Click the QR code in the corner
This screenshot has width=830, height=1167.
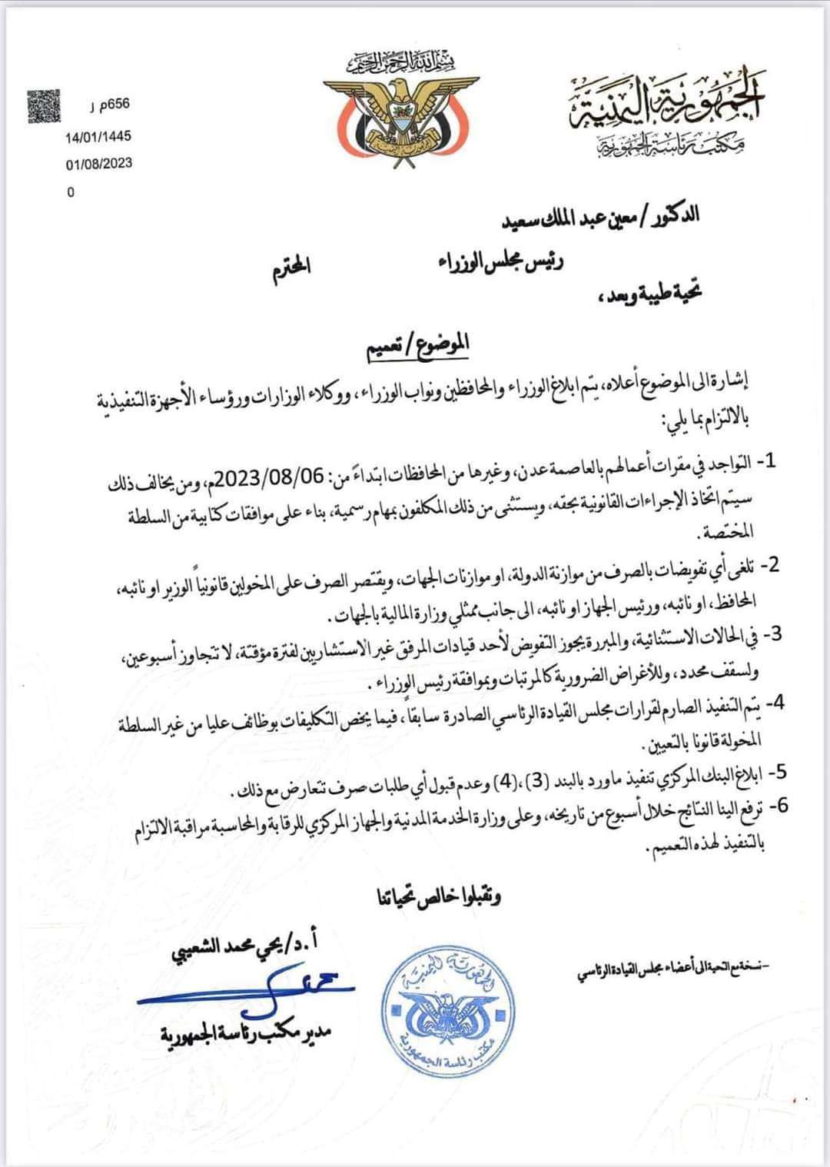(x=43, y=105)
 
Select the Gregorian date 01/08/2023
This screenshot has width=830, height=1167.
(x=98, y=162)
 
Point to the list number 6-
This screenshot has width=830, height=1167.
(x=776, y=806)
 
